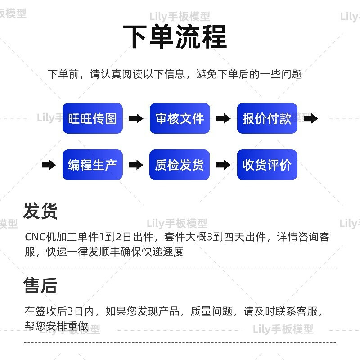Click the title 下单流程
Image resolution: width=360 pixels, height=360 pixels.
coord(175,37)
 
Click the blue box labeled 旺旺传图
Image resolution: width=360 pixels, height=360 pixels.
coord(93,118)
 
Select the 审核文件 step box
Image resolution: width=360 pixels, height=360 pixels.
coord(180,118)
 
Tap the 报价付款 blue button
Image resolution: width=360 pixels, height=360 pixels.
coord(267,118)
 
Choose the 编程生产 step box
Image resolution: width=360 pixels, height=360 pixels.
coord(93,165)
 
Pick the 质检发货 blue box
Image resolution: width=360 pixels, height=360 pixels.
coord(180,165)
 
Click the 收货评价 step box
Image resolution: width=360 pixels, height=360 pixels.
coord(267,165)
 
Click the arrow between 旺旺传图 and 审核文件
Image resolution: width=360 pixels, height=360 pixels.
coord(136,118)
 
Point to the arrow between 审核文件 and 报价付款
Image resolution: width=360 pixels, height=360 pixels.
coord(223,118)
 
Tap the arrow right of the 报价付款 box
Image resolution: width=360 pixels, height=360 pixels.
coord(310,118)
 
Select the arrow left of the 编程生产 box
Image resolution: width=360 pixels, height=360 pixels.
coord(49,165)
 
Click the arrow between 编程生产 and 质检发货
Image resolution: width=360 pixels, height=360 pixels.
coord(136,165)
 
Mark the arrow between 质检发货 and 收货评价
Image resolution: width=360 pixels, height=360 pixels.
coord(223,165)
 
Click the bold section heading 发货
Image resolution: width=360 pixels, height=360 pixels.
coord(40,211)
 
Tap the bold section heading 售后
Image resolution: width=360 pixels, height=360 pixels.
coord(40,285)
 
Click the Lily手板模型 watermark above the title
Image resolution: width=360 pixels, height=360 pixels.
coord(180,17)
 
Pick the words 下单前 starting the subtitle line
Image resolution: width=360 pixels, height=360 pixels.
coord(63,74)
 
